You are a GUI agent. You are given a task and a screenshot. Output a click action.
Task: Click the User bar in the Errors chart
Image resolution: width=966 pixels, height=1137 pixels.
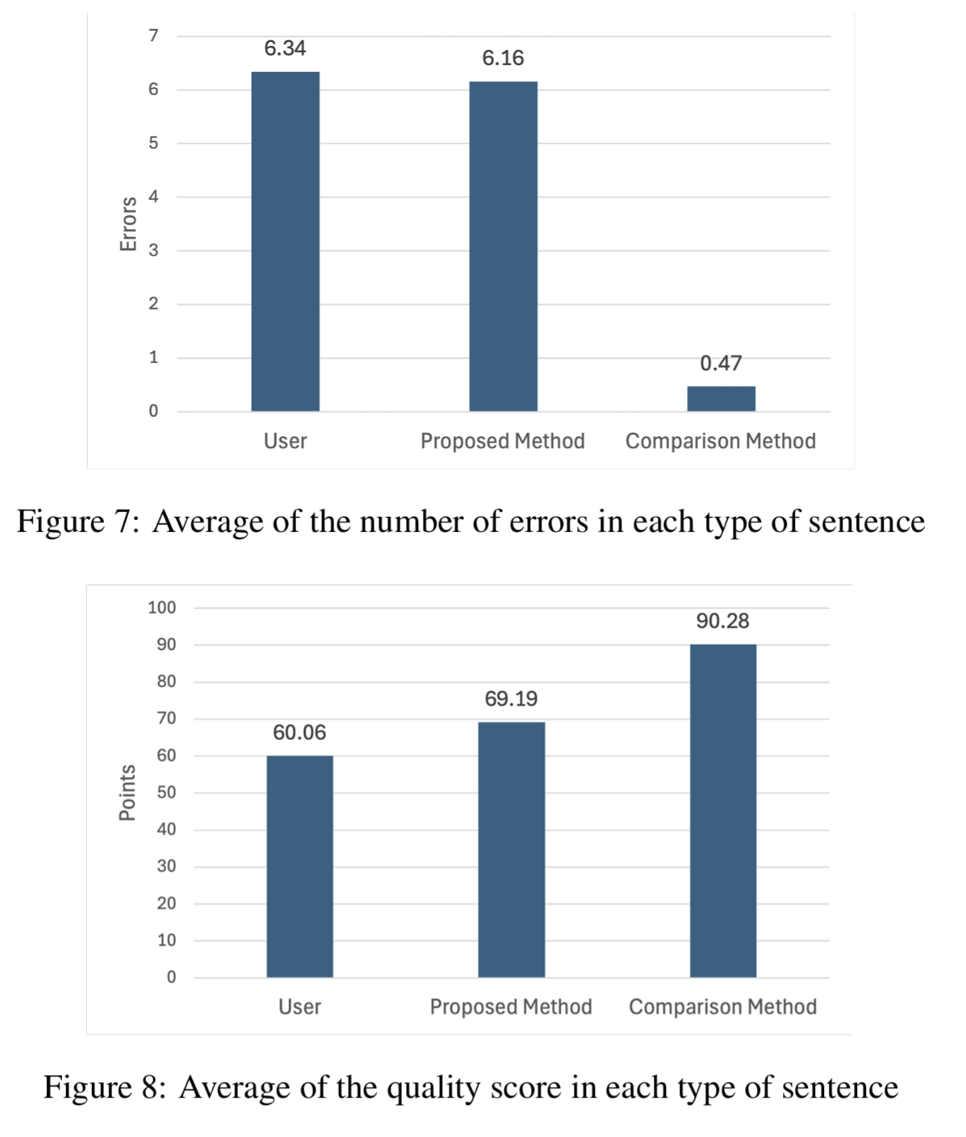pos(285,242)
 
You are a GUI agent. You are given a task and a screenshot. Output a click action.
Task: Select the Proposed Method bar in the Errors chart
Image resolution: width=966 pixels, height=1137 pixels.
pos(503,247)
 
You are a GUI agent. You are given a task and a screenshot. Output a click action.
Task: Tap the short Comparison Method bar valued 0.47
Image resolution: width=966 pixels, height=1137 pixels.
pos(721,399)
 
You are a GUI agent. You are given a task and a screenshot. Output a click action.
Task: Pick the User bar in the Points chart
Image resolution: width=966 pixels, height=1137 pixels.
pos(299,866)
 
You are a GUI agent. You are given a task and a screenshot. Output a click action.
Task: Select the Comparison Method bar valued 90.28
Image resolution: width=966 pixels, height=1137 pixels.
pos(722,810)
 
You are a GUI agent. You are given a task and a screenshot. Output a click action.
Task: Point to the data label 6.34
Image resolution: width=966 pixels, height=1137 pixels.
pos(285,49)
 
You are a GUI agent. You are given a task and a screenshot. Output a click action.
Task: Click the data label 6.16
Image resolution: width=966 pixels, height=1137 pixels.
pos(503,59)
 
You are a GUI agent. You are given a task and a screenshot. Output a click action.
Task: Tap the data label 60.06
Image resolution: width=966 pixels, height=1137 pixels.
pos(299,733)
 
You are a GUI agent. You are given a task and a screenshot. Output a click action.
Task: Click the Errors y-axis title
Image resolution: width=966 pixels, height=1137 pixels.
pos(128,223)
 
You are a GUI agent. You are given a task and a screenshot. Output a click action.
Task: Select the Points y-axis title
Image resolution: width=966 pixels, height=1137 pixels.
pos(128,793)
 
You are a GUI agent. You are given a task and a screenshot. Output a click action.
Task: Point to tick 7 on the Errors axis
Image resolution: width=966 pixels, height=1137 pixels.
pos(153,35)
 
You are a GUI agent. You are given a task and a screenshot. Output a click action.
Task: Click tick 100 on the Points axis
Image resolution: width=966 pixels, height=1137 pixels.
pos(161,608)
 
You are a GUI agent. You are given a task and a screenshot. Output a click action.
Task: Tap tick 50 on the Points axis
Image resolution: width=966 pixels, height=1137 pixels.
pos(166,793)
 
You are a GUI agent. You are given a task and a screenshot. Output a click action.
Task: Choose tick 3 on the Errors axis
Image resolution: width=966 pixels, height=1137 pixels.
pos(153,250)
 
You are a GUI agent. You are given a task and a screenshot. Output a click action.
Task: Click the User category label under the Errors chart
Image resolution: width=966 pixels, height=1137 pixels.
pos(285,442)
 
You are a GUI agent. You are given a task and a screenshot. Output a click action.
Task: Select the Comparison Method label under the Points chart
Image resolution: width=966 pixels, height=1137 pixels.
pos(722,1007)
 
